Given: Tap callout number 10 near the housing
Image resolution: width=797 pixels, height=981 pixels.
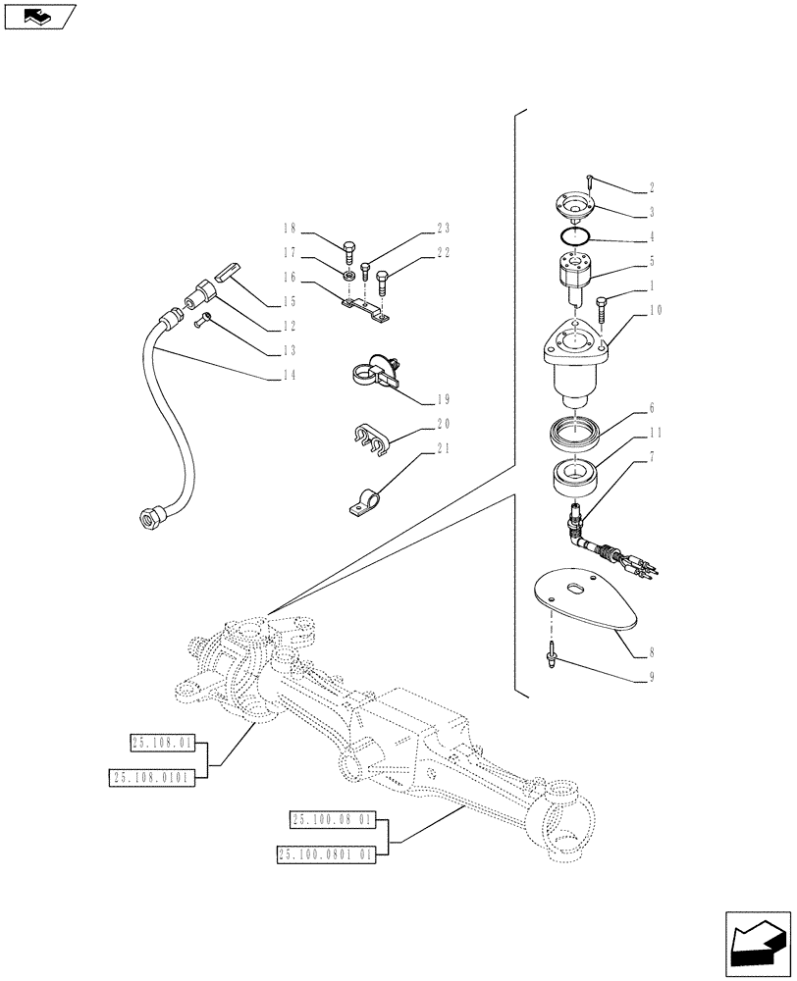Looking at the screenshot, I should [x=656, y=310].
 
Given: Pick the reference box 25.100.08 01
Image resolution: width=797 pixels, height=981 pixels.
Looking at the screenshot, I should [x=333, y=819].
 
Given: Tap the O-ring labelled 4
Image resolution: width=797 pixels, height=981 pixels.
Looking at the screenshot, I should [x=572, y=236].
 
